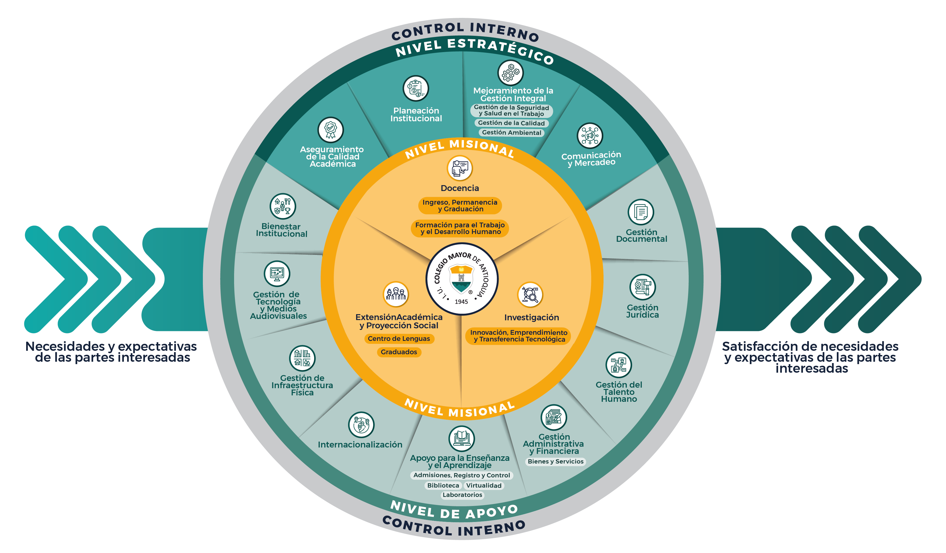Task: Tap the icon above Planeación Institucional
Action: point(416,88)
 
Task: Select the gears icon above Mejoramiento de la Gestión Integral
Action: point(511,72)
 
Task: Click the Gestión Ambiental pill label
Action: point(511,132)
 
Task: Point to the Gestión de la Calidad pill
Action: point(511,123)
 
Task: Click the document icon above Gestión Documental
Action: point(641,212)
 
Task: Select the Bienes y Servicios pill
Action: point(555,461)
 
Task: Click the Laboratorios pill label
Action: point(462,495)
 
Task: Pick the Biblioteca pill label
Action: point(443,485)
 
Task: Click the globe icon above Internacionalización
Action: point(361,425)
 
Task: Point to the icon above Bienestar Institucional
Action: point(283,206)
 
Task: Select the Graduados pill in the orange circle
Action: point(399,352)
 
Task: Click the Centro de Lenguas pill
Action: point(399,338)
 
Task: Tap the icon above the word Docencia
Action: point(459,168)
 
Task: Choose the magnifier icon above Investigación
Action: point(530,294)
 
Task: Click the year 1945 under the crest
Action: point(461,302)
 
